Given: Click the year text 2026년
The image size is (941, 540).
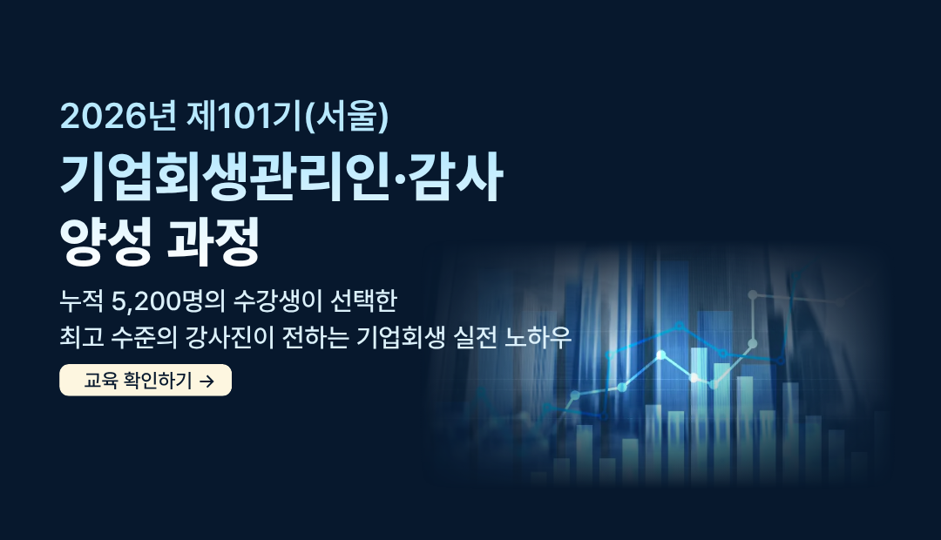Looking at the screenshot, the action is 118,116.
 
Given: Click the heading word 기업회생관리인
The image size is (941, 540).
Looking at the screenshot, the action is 226,177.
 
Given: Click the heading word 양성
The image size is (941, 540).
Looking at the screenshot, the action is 105,241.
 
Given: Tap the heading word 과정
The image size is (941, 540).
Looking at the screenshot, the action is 213,241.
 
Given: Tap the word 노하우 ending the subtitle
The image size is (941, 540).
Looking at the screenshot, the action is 538,337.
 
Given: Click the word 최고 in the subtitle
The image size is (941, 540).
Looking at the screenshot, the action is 82,337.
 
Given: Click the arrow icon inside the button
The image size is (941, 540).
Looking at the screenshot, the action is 206,381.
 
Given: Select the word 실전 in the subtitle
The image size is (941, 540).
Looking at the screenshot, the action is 476,337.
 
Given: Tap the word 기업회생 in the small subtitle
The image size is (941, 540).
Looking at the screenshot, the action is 400,337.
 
